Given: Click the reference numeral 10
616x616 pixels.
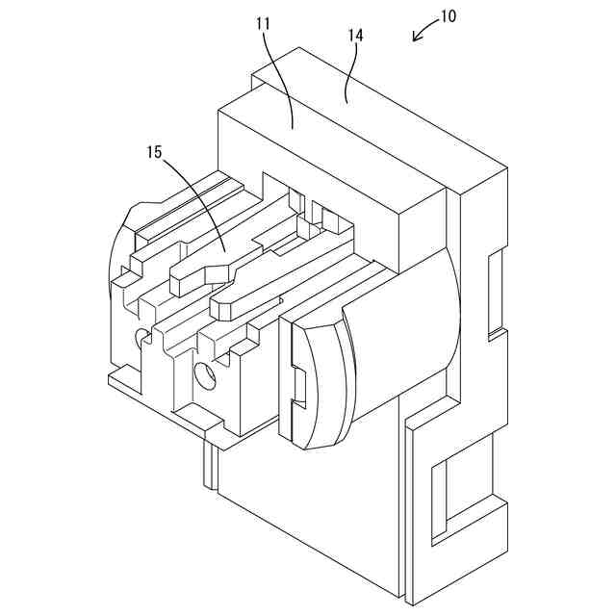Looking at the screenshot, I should [448, 16].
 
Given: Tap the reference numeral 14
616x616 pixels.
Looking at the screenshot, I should [355, 36].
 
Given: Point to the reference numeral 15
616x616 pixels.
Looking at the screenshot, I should [153, 152].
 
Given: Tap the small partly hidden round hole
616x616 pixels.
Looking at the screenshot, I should [141, 336].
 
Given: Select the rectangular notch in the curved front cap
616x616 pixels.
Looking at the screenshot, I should [297, 386].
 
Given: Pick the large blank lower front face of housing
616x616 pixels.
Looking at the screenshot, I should [308, 510].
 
